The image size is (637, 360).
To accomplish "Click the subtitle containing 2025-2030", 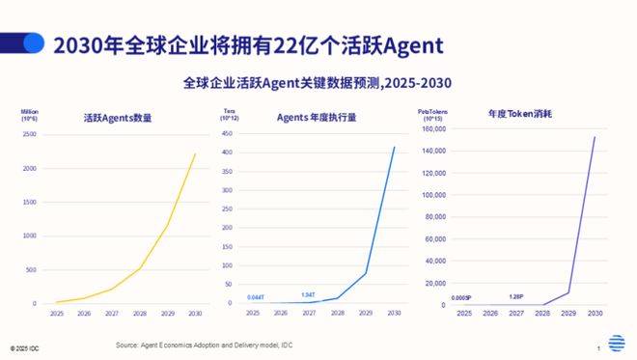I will pyautogui.click(x=318, y=83).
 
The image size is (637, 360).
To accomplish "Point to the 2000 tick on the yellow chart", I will pyautogui.click(x=30, y=168).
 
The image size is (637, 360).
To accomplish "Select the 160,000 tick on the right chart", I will pyautogui.click(x=431, y=127).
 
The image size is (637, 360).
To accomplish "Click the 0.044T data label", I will pyautogui.click(x=257, y=296).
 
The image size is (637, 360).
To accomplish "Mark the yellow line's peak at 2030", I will pyautogui.click(x=195, y=154).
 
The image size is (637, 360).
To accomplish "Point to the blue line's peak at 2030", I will pyautogui.click(x=394, y=147).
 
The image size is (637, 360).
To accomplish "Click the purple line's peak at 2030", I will pyautogui.click(x=595, y=137).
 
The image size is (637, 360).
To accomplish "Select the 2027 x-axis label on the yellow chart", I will pyautogui.click(x=112, y=314).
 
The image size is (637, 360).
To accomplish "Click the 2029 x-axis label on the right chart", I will pyautogui.click(x=568, y=315).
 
